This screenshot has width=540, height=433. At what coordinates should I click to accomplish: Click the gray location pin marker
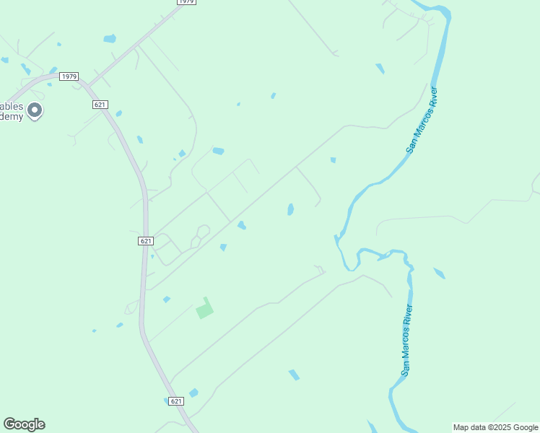(x=35, y=110)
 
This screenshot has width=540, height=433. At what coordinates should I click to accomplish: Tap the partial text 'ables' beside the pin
(x=12, y=106)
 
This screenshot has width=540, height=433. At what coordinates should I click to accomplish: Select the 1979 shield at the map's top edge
(x=186, y=2)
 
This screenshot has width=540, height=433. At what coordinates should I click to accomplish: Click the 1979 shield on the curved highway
(x=69, y=76)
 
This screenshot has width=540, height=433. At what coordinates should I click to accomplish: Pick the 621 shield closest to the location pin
(x=100, y=105)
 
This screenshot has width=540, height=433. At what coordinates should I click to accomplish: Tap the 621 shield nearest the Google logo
(x=176, y=401)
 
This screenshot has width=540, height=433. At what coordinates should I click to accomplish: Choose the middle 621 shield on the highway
(x=146, y=241)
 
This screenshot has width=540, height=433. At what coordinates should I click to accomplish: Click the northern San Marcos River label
(x=422, y=121)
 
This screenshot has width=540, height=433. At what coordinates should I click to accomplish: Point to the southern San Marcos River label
(x=407, y=340)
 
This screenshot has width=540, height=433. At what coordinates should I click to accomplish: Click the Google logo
(x=24, y=424)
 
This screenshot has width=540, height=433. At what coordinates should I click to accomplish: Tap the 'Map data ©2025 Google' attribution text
(x=496, y=427)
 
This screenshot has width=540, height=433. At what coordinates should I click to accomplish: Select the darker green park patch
(x=205, y=309)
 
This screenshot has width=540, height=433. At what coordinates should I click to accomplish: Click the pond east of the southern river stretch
(x=439, y=274)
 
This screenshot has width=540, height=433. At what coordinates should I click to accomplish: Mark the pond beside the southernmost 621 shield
(x=193, y=393)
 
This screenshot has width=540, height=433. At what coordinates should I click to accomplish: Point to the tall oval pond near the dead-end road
(x=290, y=209)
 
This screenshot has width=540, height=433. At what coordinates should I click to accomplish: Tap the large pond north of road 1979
(x=109, y=38)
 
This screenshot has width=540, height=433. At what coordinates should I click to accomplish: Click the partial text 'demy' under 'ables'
(x=12, y=117)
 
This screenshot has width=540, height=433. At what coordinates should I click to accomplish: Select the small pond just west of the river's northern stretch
(x=380, y=69)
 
